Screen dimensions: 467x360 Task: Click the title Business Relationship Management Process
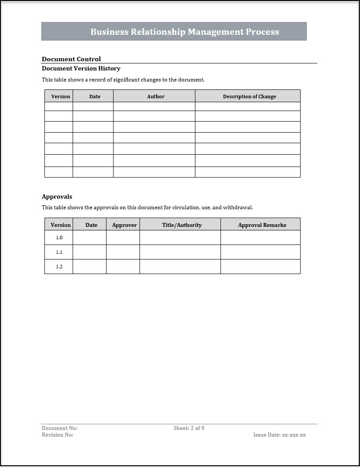pyautogui.click(x=184, y=32)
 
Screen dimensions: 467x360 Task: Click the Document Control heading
pyautogui.click(x=71, y=59)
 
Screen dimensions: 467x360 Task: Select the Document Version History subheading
pyautogui.click(x=81, y=68)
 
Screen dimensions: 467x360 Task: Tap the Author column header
pyautogui.click(x=155, y=96)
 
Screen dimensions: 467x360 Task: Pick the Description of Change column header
pyautogui.click(x=249, y=96)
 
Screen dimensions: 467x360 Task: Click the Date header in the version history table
pyautogui.click(x=95, y=96)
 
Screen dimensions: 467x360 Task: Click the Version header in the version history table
pyautogui.click(x=61, y=96)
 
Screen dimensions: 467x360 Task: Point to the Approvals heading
pyautogui.click(x=57, y=196)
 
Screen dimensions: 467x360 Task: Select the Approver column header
pyautogui.click(x=124, y=225)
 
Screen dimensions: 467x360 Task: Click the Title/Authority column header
pyautogui.click(x=182, y=225)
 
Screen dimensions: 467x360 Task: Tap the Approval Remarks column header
pyautogui.click(x=262, y=225)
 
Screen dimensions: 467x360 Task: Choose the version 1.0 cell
pyautogui.click(x=59, y=237)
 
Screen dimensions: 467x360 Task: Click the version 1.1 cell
pyautogui.click(x=59, y=252)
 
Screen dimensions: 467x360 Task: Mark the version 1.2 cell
pyautogui.click(x=59, y=267)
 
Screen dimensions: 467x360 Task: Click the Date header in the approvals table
pyautogui.click(x=91, y=225)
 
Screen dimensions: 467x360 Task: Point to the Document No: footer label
pyautogui.click(x=59, y=428)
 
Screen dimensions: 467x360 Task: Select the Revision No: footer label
pyautogui.click(x=58, y=435)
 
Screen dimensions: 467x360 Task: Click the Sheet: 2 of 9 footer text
pyautogui.click(x=189, y=428)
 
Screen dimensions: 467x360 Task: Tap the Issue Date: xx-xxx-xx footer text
pyautogui.click(x=279, y=435)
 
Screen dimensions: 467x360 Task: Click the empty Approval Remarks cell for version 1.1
pyautogui.click(x=260, y=252)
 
